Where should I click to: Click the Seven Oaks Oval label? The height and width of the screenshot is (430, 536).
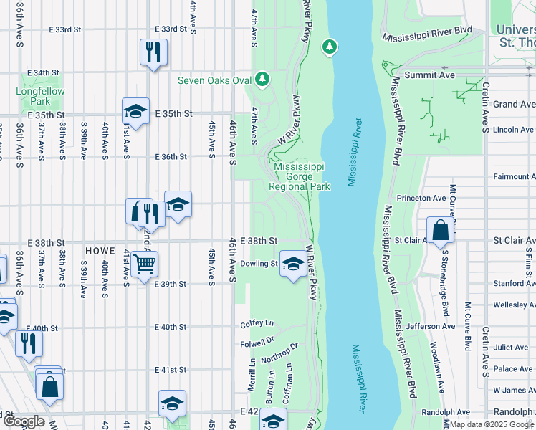coord(214,80)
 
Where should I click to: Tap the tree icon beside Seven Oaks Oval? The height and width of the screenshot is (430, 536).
coord(263,78)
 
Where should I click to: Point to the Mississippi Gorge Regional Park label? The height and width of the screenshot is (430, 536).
coord(299,176)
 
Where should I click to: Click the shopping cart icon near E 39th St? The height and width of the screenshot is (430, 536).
coord(145,264)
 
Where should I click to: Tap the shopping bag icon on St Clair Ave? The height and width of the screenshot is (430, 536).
coord(440,230)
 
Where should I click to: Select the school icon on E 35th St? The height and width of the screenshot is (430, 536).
coord(135,111)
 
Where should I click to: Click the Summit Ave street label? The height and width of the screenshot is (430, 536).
coord(430,75)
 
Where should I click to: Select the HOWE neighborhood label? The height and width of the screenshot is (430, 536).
coord(100,251)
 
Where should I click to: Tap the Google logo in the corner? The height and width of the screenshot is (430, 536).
coord(23,421)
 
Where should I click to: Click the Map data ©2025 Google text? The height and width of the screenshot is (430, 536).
coord(491,424)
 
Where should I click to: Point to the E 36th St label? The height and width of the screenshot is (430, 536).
coord(172,156)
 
